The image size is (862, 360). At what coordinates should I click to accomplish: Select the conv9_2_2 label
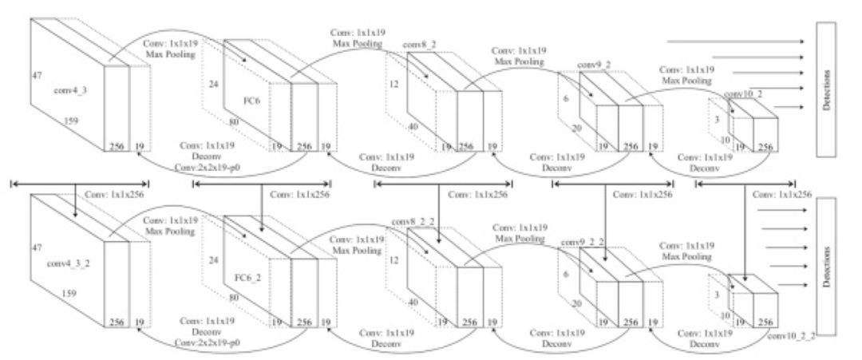point(583,241)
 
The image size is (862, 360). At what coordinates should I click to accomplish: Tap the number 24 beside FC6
point(212,80)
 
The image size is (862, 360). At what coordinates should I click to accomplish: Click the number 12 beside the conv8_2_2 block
point(393,261)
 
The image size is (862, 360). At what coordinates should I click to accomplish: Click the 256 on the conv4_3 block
point(117,147)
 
